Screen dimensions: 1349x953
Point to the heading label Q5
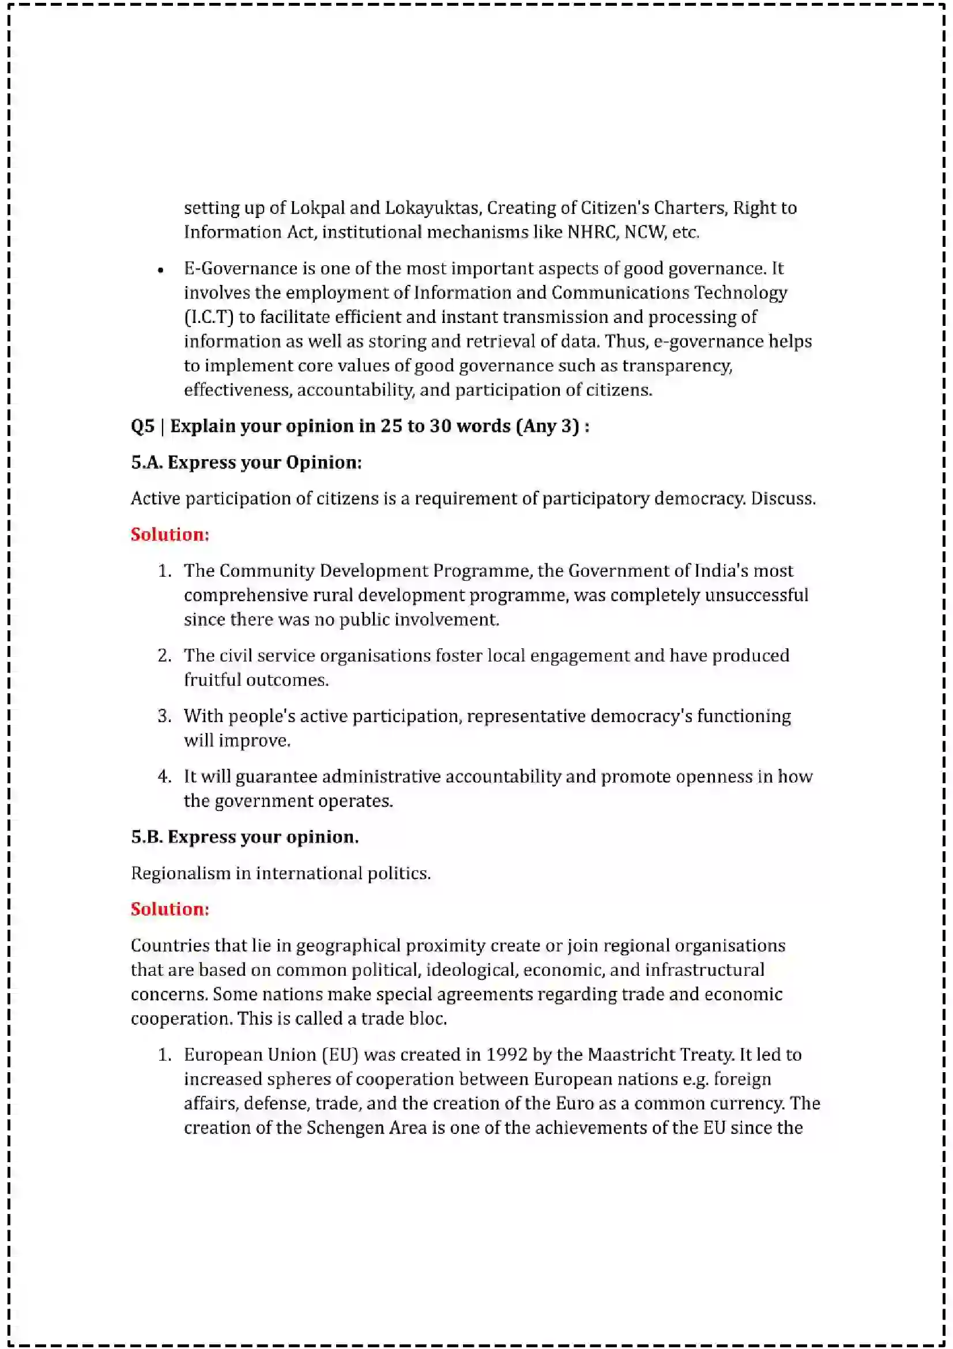tap(142, 426)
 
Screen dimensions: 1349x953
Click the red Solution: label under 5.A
tap(169, 535)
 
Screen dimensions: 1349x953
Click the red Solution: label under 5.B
tap(169, 909)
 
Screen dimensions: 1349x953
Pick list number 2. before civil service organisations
tap(164, 656)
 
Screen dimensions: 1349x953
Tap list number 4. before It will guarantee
tap(164, 777)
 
